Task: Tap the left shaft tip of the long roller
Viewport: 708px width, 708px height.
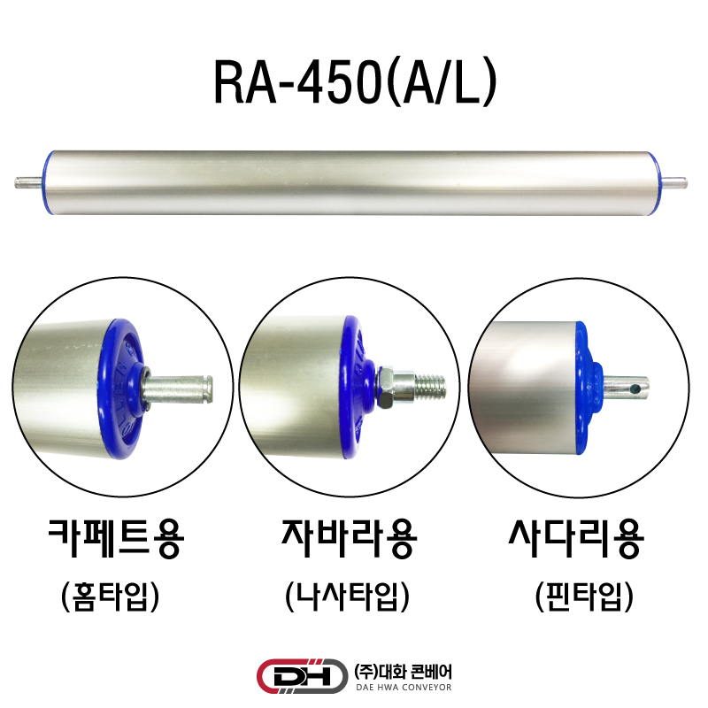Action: click(x=16, y=183)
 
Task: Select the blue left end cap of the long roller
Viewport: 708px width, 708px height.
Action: click(x=47, y=182)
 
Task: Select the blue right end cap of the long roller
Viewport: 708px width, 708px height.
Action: click(x=656, y=182)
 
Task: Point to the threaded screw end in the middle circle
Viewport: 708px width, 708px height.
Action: click(x=430, y=387)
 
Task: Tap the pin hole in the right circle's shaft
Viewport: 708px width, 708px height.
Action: click(x=636, y=388)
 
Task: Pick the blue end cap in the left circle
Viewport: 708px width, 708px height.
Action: click(x=121, y=389)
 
